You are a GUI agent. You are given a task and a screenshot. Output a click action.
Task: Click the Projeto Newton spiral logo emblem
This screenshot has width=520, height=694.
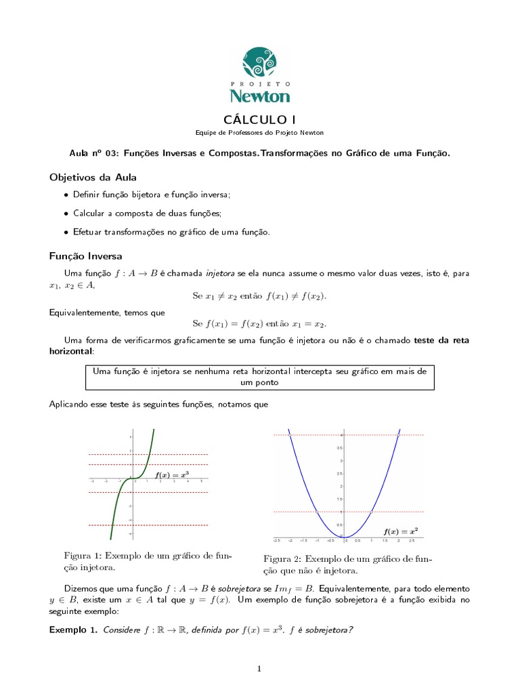(x=260, y=62)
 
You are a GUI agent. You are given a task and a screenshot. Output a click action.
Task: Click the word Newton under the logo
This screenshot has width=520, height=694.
(x=259, y=95)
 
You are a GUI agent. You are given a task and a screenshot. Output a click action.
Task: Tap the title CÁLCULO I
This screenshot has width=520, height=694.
(x=259, y=120)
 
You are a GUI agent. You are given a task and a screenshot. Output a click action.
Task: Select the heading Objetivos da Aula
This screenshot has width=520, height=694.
(x=93, y=178)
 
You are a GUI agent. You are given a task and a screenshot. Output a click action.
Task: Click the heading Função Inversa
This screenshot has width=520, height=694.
(x=86, y=256)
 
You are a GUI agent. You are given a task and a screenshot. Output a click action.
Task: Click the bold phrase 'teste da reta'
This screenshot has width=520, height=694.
(x=441, y=340)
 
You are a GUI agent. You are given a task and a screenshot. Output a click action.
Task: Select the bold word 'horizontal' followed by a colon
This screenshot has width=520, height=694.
(x=70, y=352)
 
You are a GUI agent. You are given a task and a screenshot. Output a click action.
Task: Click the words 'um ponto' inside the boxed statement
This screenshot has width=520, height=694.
(x=260, y=382)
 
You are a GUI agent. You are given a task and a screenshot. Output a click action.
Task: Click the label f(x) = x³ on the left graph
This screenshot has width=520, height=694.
(x=172, y=476)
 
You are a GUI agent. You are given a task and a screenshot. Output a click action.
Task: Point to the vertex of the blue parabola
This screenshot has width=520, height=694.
(x=345, y=537)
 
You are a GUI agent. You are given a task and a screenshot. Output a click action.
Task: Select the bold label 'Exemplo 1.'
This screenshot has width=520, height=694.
(x=73, y=630)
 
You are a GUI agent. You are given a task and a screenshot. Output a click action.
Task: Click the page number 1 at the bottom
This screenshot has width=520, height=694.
(x=259, y=669)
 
